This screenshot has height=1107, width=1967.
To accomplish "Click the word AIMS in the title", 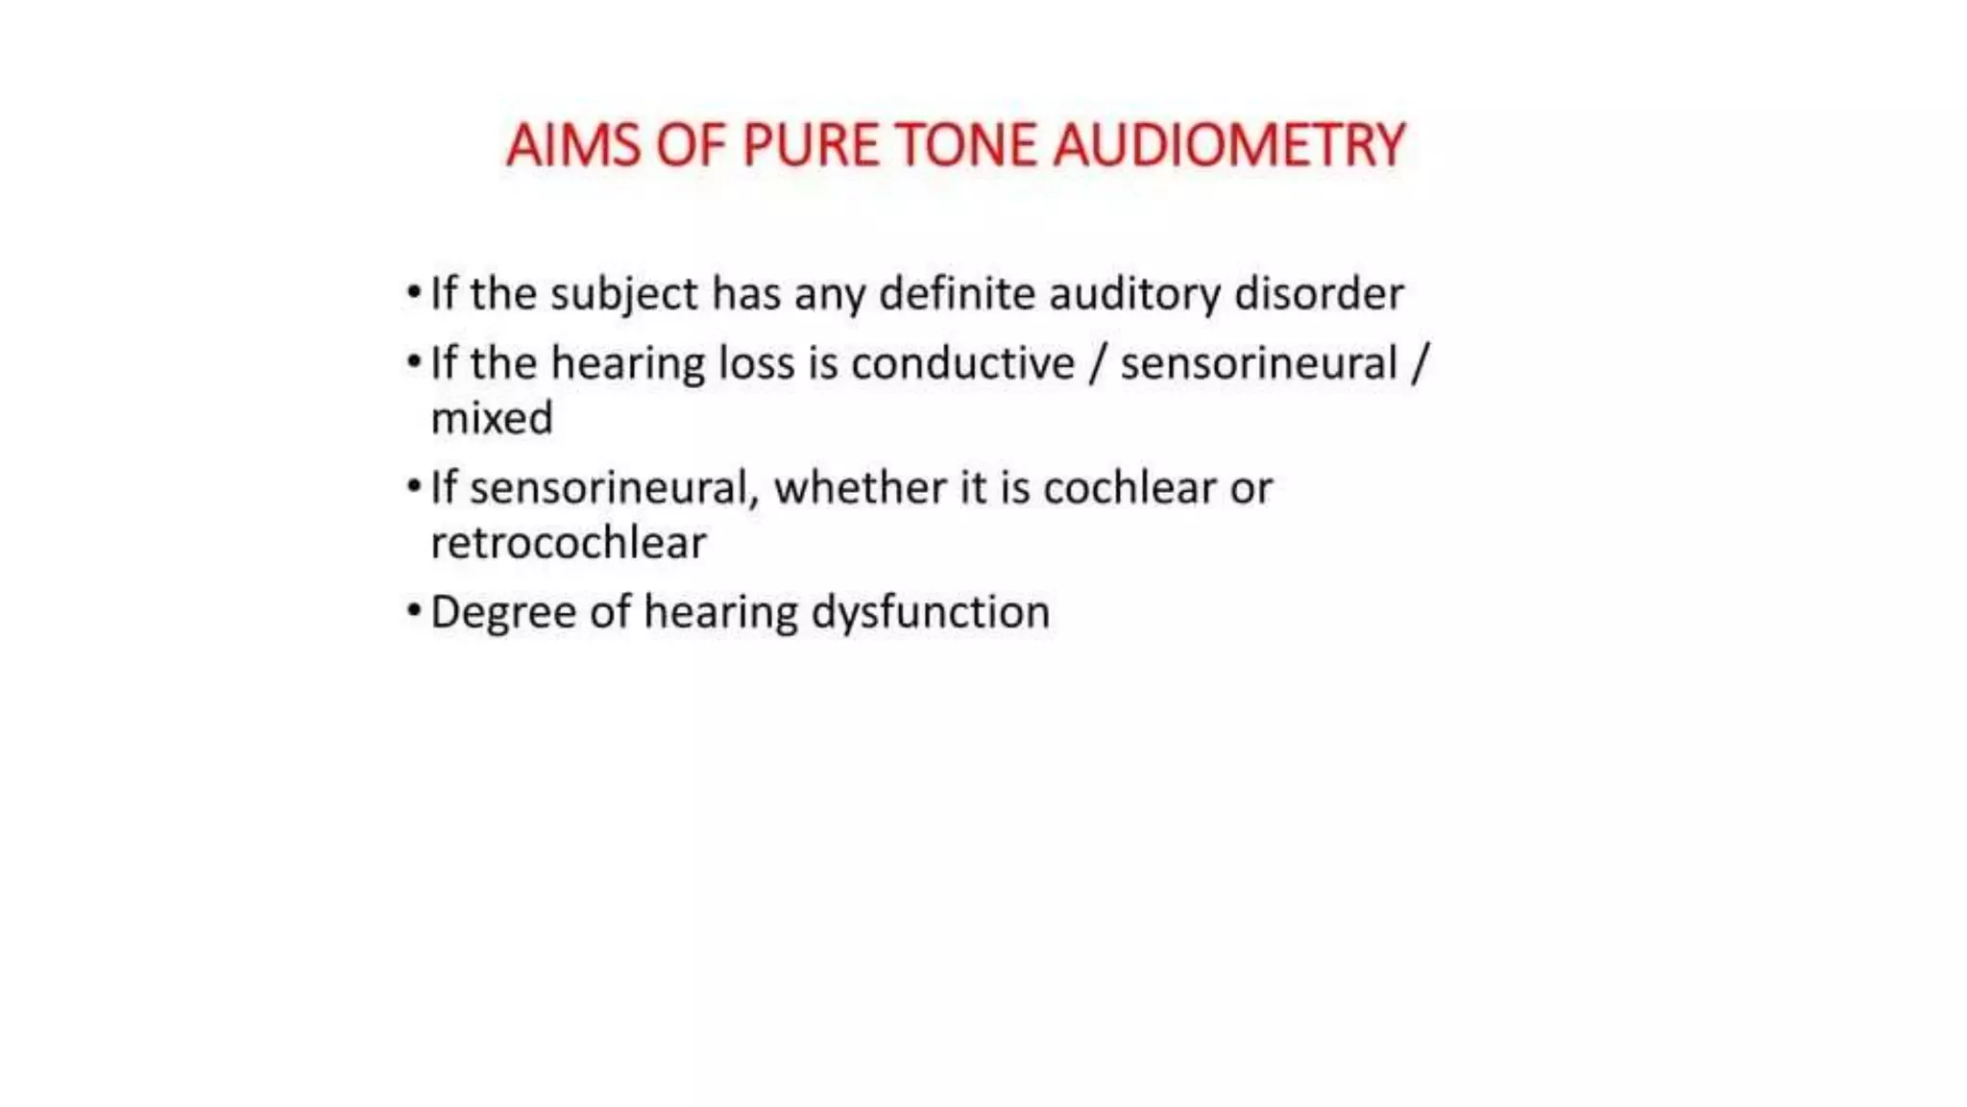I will click(572, 146).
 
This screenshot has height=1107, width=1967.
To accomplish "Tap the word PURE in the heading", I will click(811, 146).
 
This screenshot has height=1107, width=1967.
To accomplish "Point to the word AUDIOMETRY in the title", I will click(1228, 146).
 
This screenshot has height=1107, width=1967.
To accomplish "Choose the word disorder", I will click(1319, 294).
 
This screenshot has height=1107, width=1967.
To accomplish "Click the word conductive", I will click(962, 364).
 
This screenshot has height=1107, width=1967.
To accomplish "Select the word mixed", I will click(492, 419).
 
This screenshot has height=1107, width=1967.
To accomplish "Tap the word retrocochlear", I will click(569, 544).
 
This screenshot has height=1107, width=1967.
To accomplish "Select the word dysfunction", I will click(930, 613).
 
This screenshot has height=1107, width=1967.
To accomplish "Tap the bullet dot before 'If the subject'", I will click(414, 291).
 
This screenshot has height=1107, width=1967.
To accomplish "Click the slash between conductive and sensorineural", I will click(1097, 364).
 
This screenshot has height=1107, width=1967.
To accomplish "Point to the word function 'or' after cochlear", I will click(1251, 489).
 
